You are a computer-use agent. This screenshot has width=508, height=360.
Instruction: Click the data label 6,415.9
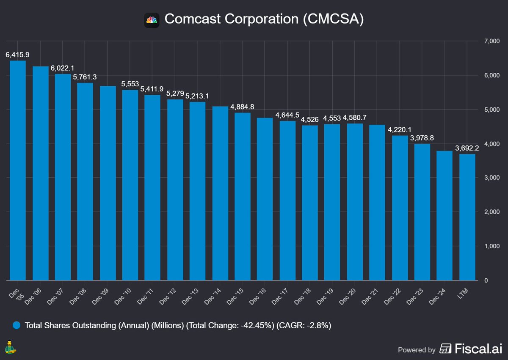tap(17, 55)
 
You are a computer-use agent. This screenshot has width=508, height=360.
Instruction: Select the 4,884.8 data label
tap(242, 107)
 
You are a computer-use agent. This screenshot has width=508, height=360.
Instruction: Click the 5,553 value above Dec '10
tap(130, 84)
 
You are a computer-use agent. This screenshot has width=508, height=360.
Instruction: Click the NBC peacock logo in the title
tap(152, 20)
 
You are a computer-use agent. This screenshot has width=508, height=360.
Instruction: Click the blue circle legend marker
tap(17, 326)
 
